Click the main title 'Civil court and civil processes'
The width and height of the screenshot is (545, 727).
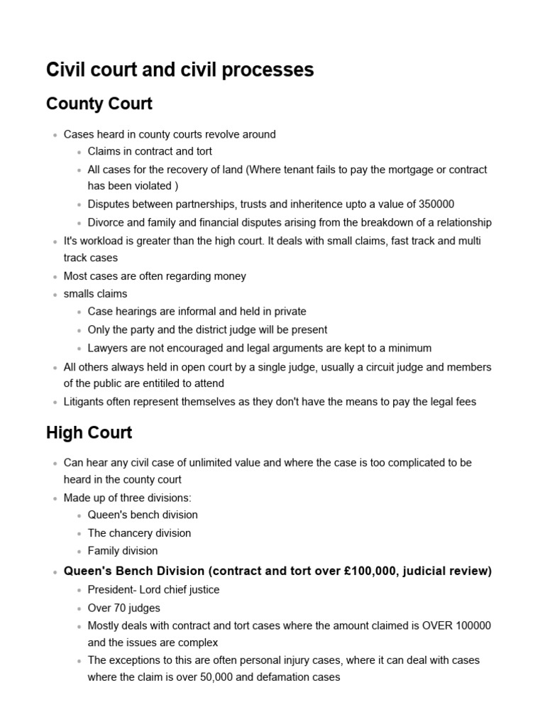coord(180,70)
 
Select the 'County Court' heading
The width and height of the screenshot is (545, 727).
coord(99,104)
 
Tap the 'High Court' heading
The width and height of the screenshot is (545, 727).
coord(89,432)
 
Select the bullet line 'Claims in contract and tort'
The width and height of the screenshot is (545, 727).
coord(150,151)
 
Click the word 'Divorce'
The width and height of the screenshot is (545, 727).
coord(107,222)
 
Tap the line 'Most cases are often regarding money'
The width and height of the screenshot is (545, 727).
coord(155,276)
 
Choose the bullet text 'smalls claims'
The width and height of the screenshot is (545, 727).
coord(96,294)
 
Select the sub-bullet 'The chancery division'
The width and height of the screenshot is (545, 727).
coord(139,532)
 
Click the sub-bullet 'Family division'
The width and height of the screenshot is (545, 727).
coord(123,551)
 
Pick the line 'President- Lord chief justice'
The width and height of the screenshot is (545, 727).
coord(153,589)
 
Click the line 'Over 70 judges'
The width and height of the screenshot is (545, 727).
coord(123,608)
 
